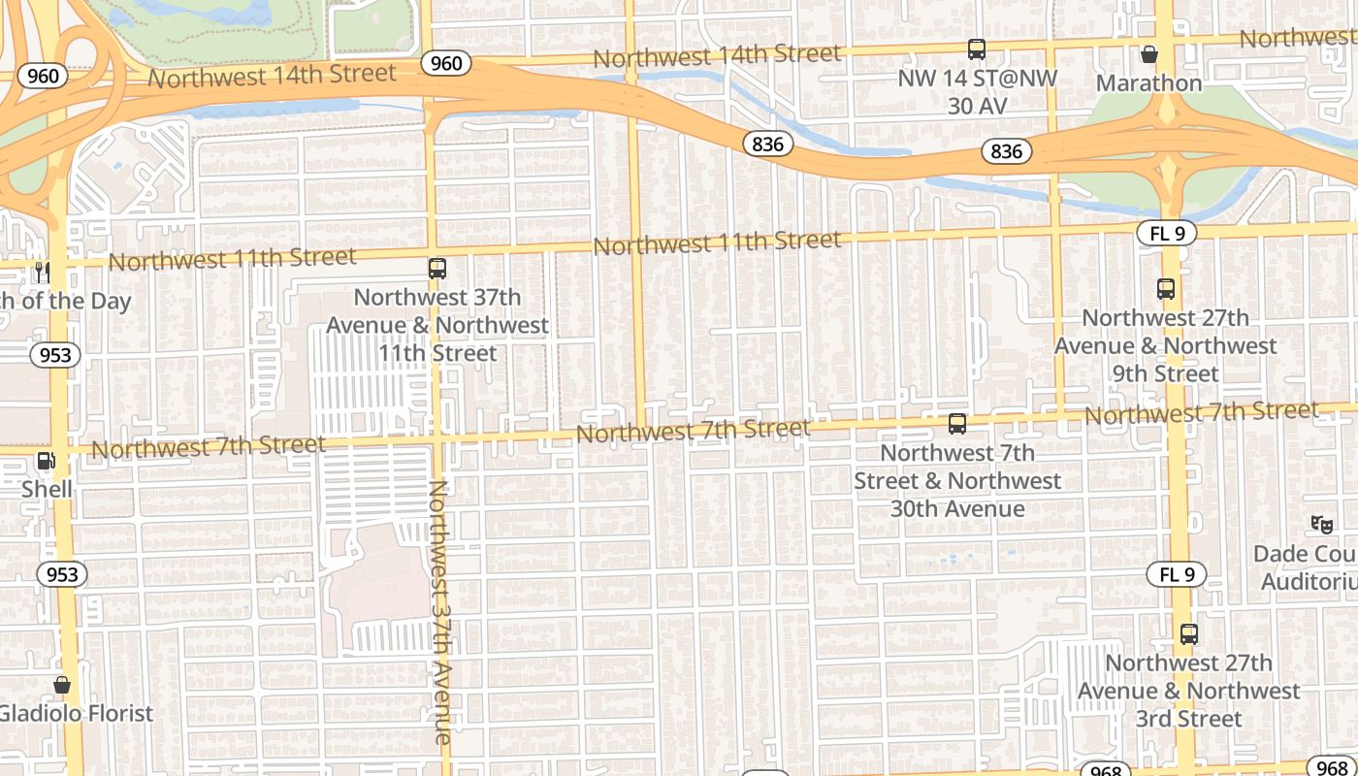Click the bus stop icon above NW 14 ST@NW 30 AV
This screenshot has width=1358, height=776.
tap(977, 48)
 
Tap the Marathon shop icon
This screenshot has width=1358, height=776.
tap(1149, 54)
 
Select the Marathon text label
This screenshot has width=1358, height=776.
tap(1149, 83)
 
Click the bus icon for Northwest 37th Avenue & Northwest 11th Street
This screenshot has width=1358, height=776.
tap(437, 269)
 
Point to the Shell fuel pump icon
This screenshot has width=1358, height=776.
tap(46, 461)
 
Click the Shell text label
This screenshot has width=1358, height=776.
tap(47, 489)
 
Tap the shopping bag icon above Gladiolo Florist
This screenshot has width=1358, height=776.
tap(62, 686)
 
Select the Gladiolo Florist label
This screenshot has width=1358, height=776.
tap(76, 714)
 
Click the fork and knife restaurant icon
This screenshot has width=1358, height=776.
tap(42, 273)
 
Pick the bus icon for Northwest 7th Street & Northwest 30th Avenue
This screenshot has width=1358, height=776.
tap(957, 424)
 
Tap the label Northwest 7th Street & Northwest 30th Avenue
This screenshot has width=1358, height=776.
tap(957, 481)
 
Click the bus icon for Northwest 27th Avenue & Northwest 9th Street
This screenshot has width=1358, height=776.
tap(1166, 289)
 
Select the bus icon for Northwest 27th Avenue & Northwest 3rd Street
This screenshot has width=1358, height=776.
tap(1189, 635)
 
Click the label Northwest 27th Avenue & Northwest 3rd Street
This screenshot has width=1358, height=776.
tap(1189, 692)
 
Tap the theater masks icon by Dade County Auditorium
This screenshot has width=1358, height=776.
tap(1322, 525)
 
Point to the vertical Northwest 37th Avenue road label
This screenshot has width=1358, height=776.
tap(441, 612)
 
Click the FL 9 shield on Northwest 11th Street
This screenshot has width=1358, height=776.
tap(1166, 233)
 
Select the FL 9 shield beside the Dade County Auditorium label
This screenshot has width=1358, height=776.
tap(1177, 574)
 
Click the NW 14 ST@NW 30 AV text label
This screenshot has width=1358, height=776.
tap(977, 91)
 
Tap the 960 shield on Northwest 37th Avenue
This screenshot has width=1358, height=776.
tap(446, 64)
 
